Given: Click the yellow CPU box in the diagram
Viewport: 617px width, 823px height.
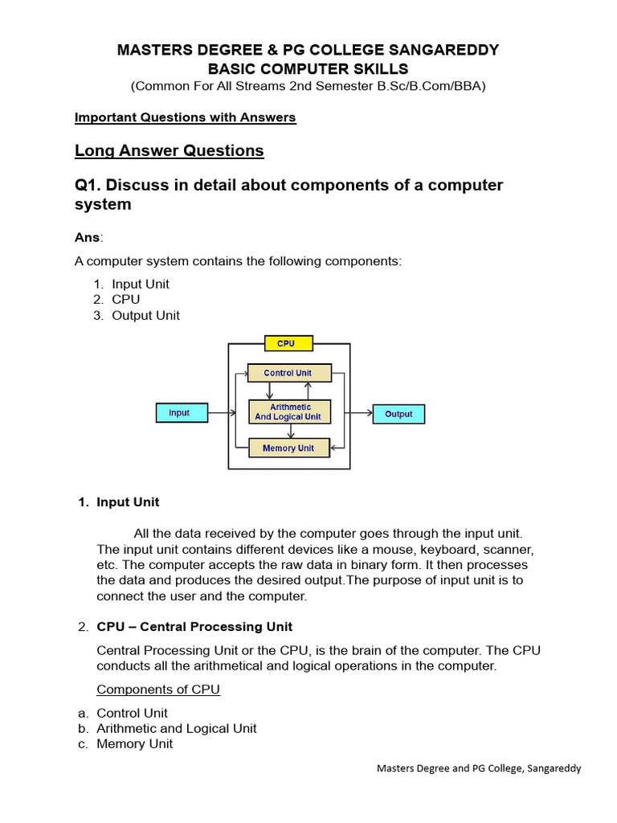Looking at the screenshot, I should pyautogui.click(x=286, y=343).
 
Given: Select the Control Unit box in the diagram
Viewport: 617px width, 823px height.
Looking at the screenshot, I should pyautogui.click(x=288, y=373).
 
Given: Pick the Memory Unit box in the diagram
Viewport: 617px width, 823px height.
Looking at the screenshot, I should pyautogui.click(x=288, y=448).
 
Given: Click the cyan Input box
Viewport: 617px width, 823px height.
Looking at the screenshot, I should pyautogui.click(x=181, y=413).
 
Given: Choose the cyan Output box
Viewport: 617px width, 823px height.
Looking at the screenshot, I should pyautogui.click(x=398, y=414).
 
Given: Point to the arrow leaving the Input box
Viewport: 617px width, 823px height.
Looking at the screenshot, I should pyautogui.click(x=222, y=413).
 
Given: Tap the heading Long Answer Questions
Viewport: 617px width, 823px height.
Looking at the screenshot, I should pyautogui.click(x=169, y=150).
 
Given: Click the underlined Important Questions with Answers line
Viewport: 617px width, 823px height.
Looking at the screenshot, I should pyautogui.click(x=185, y=117).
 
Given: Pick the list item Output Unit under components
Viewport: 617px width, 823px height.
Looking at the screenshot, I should pyautogui.click(x=145, y=315).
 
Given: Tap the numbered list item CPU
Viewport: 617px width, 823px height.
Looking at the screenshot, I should pyautogui.click(x=126, y=300).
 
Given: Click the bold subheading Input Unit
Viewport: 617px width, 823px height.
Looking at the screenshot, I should pyautogui.click(x=128, y=502).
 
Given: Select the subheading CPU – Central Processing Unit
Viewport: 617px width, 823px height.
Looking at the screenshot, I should pyautogui.click(x=194, y=626).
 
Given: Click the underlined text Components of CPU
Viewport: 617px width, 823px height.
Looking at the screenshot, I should pyautogui.click(x=158, y=690).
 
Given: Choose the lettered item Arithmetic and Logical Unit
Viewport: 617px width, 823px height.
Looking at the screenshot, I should pyautogui.click(x=177, y=728).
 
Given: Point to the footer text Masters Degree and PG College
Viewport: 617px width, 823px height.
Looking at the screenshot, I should pyautogui.click(x=479, y=768).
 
